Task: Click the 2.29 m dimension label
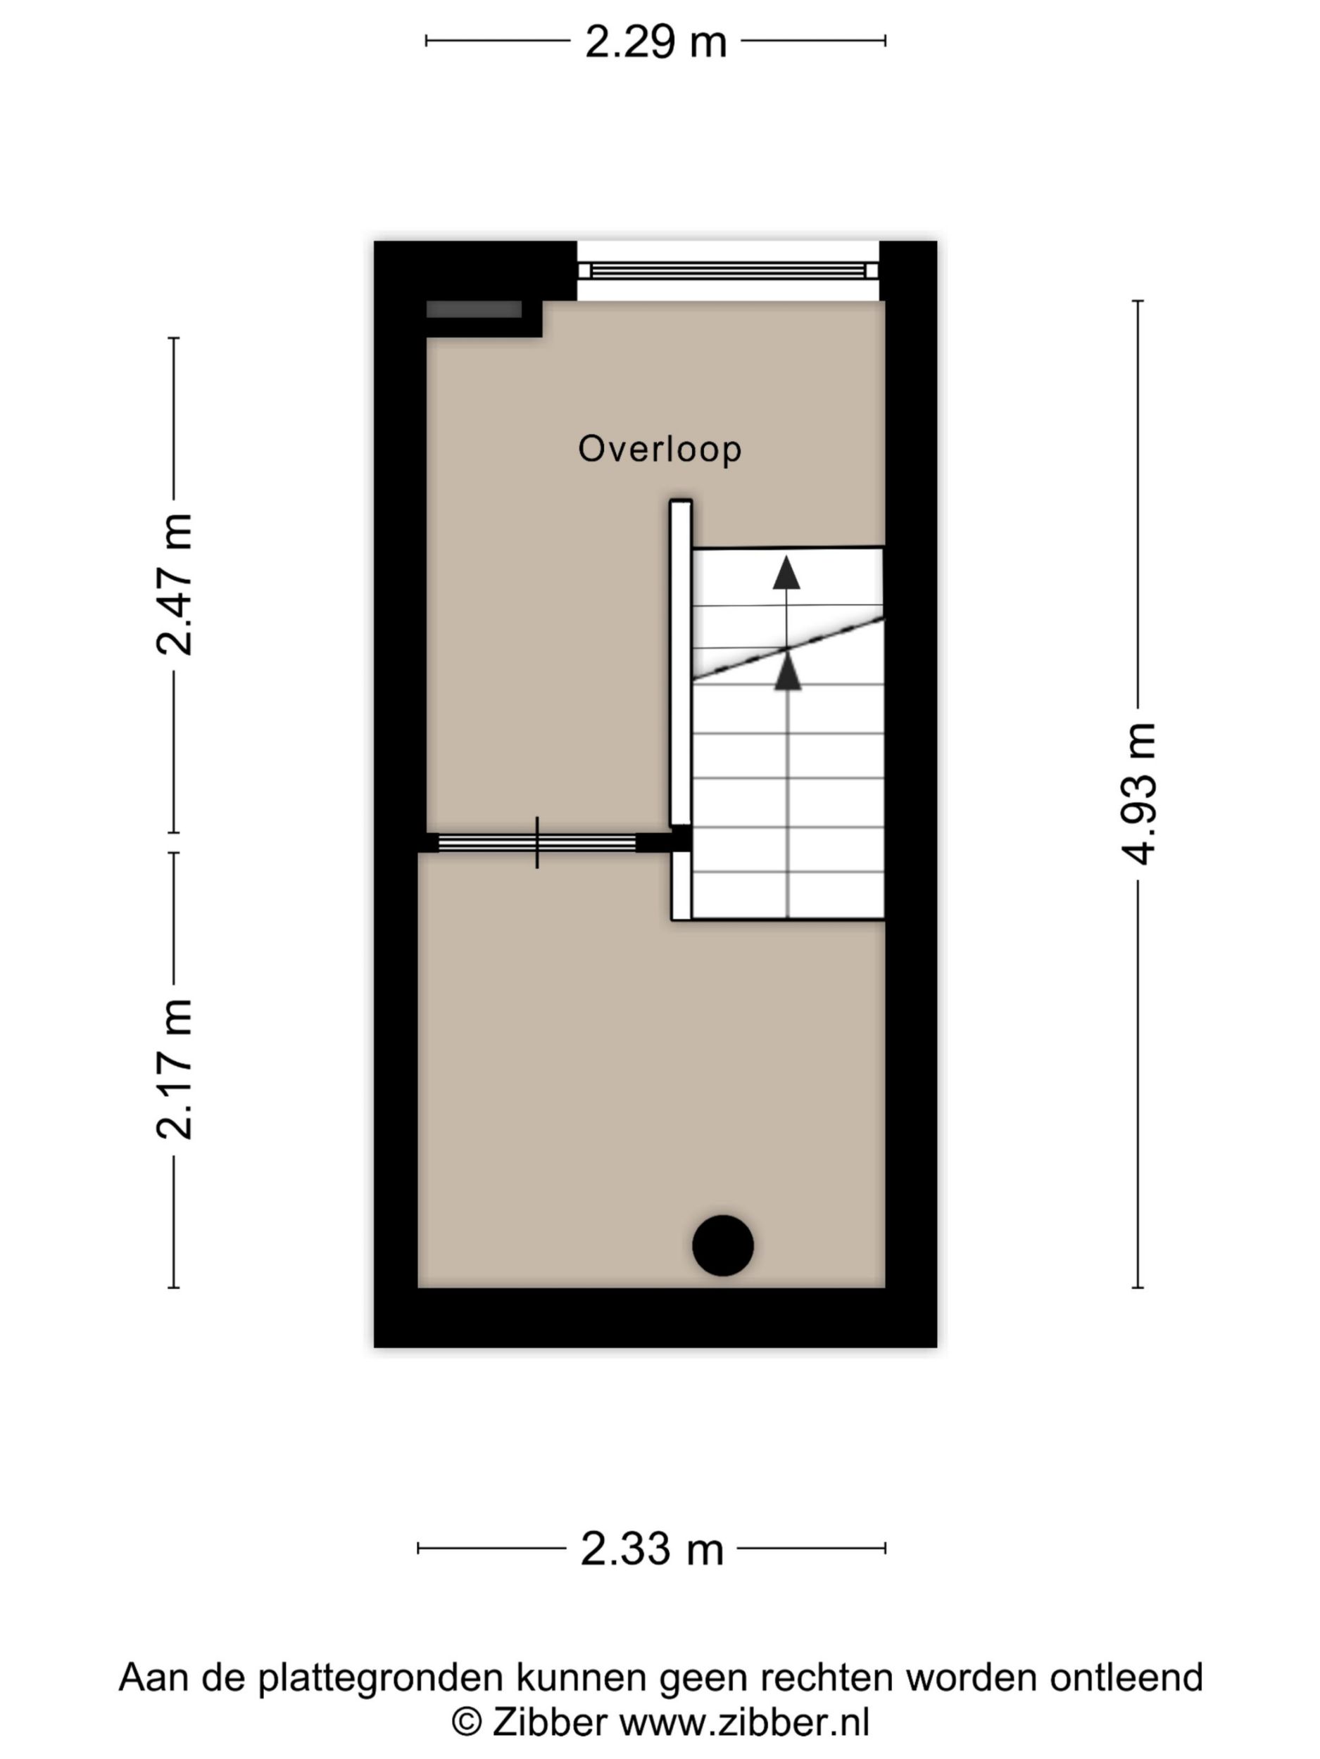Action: pyautogui.click(x=655, y=42)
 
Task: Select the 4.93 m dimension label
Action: pyautogui.click(x=1138, y=794)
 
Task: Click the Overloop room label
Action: pyautogui.click(x=660, y=450)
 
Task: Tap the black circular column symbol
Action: pyautogui.click(x=722, y=1245)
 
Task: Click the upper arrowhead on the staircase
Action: pyautogui.click(x=786, y=573)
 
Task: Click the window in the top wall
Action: pyautogui.click(x=727, y=270)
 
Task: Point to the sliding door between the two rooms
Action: pyautogui.click(x=537, y=842)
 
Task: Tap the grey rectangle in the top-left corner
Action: pyautogui.click(x=474, y=310)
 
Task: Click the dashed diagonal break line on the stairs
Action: pyautogui.click(x=788, y=648)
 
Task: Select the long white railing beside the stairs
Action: pyautogui.click(x=680, y=662)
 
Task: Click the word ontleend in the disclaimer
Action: pyautogui.click(x=1126, y=1677)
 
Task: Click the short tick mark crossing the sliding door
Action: pyautogui.click(x=537, y=842)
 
